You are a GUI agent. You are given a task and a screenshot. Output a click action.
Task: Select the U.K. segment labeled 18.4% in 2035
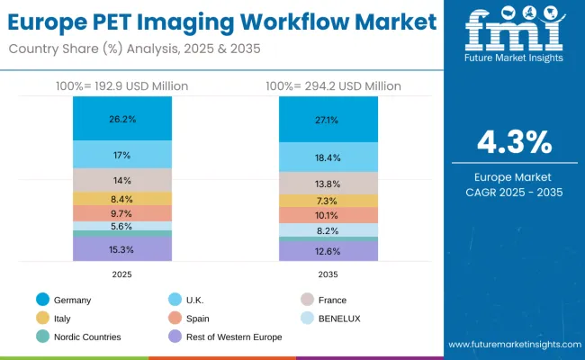coord(327,157)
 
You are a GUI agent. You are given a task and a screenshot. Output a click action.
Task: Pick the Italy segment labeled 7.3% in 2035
coord(327,201)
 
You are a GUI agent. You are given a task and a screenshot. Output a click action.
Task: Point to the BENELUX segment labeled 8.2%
coord(327,230)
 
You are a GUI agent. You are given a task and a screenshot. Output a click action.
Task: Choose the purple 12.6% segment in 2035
coord(327,251)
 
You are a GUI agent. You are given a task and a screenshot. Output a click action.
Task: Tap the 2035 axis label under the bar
coord(327,273)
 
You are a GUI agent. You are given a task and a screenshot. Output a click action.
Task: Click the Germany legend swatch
coord(43,300)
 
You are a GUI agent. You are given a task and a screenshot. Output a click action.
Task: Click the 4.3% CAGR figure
coord(514,142)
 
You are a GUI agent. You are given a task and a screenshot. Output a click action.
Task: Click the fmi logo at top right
coord(514,36)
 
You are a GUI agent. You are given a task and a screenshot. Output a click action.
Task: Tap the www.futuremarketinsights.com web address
coord(514,345)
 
